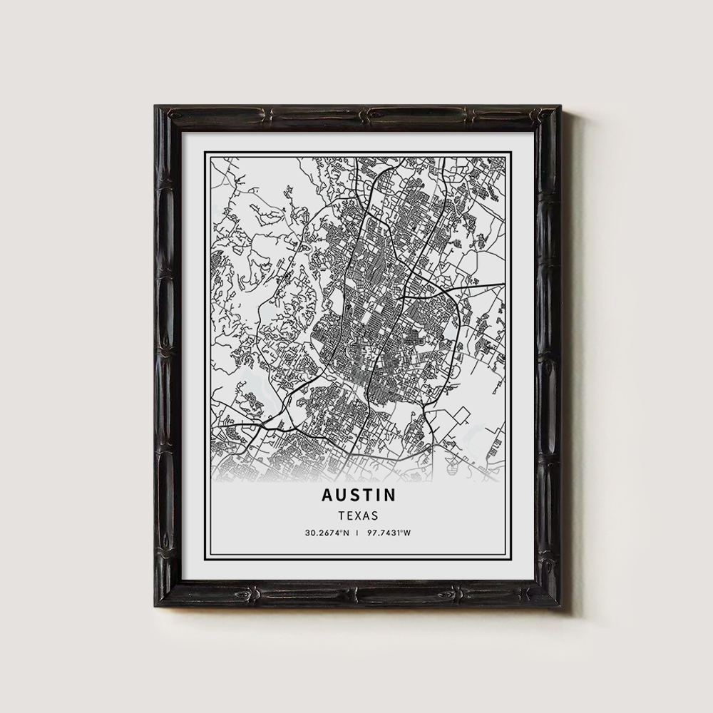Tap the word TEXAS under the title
click(x=359, y=514)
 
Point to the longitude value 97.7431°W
click(x=391, y=533)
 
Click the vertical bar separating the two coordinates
click(x=358, y=533)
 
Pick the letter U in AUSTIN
click(x=339, y=495)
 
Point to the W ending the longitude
click(x=409, y=533)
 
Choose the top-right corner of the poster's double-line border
click(x=511, y=153)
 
